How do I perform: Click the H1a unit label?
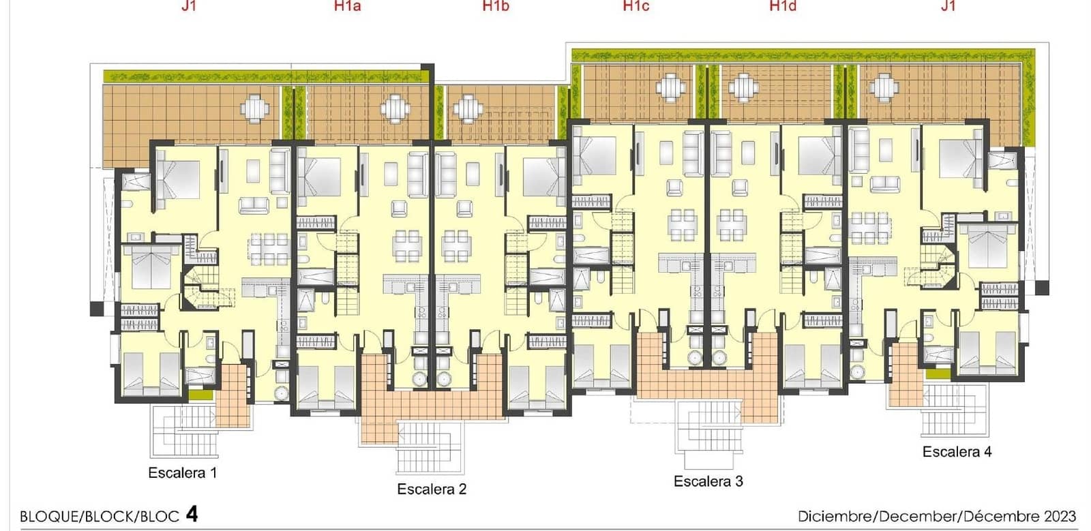tap(347, 6)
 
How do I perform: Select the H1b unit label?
tap(496, 6)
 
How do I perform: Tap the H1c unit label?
tap(636, 6)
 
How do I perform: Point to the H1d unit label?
tap(783, 6)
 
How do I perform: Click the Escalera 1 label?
tap(183, 472)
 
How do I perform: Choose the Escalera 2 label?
tap(432, 489)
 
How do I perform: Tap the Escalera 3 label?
tap(708, 481)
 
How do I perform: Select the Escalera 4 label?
tap(957, 452)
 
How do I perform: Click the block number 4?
tap(192, 515)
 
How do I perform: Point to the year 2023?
tap(1060, 516)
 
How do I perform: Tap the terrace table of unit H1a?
tap(395, 108)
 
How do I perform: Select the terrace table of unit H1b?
tap(468, 108)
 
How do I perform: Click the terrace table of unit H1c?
tap(671, 88)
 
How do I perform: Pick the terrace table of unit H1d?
tap(743, 88)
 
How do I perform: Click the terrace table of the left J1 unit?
tap(255, 108)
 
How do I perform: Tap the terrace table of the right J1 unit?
tap(883, 88)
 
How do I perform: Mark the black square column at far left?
tap(97, 309)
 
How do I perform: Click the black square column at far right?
tap(1042, 288)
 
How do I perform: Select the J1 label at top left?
tap(188, 6)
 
